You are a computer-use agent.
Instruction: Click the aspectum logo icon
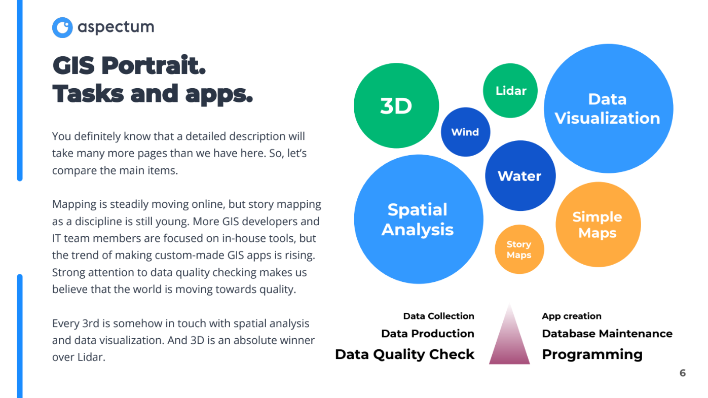pyautogui.click(x=62, y=27)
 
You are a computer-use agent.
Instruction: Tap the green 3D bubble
pyautogui.click(x=396, y=106)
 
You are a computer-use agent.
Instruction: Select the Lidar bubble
pyautogui.click(x=510, y=91)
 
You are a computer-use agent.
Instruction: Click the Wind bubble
pyautogui.click(x=465, y=132)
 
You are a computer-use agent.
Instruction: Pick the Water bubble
pyautogui.click(x=520, y=176)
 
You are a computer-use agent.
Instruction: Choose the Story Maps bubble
pyautogui.click(x=519, y=249)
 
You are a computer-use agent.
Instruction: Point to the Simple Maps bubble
pyautogui.click(x=598, y=225)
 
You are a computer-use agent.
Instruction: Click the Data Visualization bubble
pyautogui.click(x=608, y=108)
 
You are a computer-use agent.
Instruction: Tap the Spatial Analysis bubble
pyautogui.click(x=418, y=219)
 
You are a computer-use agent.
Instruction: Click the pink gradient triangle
pyautogui.click(x=509, y=340)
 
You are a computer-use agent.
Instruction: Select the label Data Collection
pyautogui.click(x=438, y=316)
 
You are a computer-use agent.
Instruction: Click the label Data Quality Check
pyautogui.click(x=404, y=354)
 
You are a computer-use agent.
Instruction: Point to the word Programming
pyautogui.click(x=592, y=354)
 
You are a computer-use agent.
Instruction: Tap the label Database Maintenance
pyautogui.click(x=607, y=334)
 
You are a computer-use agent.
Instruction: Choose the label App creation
pyautogui.click(x=571, y=316)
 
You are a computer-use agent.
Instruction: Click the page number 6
pyautogui.click(x=682, y=373)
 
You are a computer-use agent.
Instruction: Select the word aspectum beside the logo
pyautogui.click(x=116, y=27)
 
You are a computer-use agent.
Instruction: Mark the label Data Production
pyautogui.click(x=427, y=334)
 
